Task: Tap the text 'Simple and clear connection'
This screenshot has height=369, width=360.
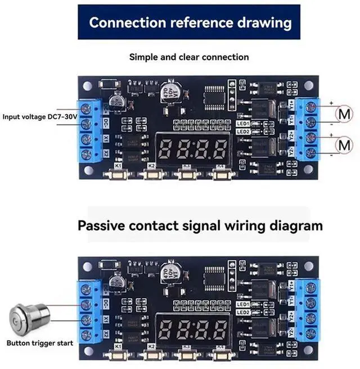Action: click(189, 57)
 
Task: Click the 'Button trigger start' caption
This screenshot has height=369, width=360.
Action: click(39, 343)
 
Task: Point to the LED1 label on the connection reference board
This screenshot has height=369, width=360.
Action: click(244, 123)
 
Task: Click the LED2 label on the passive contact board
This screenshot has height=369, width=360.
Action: click(244, 312)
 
